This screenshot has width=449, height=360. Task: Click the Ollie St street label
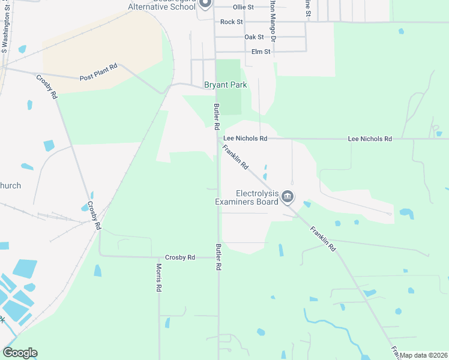[243, 7]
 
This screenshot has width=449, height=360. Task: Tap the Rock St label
[231, 22]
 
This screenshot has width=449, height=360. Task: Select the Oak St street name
[255, 37]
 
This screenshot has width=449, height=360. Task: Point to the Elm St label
[261, 52]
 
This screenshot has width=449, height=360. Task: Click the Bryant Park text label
[226, 85]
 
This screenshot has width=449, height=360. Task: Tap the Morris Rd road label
[159, 278]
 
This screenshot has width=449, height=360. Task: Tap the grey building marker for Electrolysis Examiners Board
[288, 196]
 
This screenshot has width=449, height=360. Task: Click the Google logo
[20, 353]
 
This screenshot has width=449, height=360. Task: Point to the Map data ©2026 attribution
[423, 355]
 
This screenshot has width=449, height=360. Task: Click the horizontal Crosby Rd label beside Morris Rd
[180, 257]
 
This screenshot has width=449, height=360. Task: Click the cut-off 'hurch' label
[10, 185]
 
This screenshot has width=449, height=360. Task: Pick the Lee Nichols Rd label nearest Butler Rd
[246, 139]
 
